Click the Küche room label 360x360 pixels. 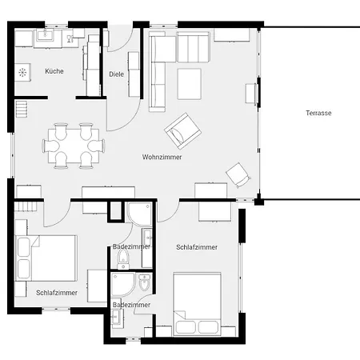54,71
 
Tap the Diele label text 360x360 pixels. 116,74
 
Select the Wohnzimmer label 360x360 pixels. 162,157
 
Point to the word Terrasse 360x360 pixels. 318,113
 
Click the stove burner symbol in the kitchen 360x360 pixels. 22,72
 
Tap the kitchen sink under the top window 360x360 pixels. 45,35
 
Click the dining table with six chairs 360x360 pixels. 74,146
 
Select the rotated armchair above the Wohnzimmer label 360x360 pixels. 182,131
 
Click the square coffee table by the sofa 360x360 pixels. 189,84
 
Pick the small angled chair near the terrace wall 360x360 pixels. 238,175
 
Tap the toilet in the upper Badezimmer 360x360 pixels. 123,258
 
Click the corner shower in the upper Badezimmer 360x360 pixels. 139,214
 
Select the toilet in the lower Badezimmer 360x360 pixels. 145,283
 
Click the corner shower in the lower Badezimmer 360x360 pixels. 122,285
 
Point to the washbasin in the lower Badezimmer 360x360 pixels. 117,318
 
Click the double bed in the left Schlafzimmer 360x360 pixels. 46,258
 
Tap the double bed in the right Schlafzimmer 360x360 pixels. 197,304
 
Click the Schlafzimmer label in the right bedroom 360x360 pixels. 197,247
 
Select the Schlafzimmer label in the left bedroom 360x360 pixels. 57,293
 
